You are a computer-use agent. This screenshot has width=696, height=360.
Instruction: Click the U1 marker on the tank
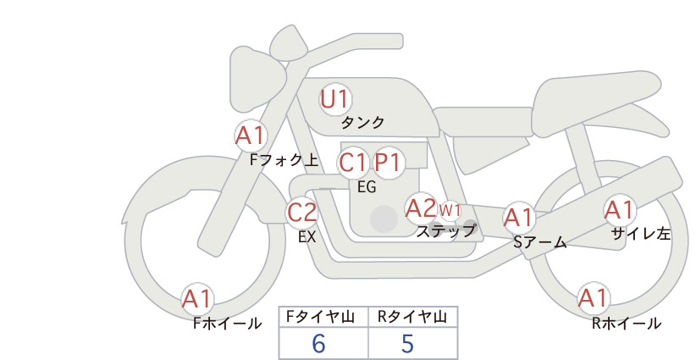335,99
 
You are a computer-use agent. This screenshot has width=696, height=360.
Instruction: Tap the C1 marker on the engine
353,163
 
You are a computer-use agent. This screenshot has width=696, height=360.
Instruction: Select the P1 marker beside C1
388,163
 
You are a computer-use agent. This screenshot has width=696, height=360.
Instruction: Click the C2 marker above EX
301,213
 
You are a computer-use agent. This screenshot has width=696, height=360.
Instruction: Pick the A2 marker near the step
421,208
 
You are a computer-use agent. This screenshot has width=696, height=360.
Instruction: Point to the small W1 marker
450,210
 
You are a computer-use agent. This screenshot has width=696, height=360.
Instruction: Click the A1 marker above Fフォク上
251,136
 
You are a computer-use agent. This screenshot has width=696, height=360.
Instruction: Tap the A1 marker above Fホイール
197,299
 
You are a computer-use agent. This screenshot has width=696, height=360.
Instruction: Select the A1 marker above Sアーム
519,218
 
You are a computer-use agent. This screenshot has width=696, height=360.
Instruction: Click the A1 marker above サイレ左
619,210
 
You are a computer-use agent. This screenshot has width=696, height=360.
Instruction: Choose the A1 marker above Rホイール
594,298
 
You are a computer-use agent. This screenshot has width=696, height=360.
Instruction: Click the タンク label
362,122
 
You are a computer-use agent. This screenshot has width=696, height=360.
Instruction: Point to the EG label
367,187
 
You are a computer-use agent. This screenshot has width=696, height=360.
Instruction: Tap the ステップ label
445,231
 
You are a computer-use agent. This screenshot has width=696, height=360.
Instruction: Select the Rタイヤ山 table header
412,317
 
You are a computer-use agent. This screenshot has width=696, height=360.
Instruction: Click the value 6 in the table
318,343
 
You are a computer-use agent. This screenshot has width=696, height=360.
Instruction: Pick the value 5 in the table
407,343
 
